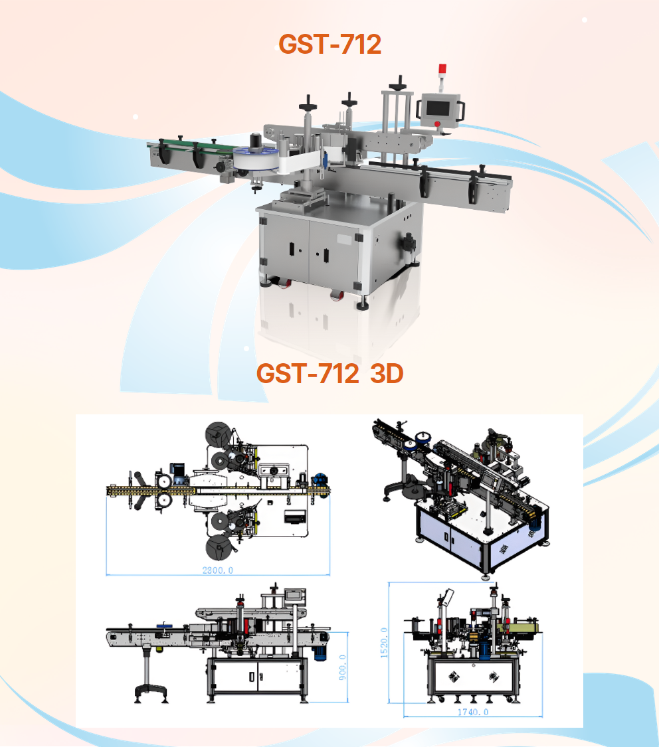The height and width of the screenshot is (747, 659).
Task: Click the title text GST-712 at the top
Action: point(329,44)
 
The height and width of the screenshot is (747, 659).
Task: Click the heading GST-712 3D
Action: point(329,373)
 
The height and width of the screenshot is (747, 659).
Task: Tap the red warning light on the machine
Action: point(442,69)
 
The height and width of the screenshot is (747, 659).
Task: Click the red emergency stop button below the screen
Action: point(437,124)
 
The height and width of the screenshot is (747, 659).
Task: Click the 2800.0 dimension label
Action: point(218,570)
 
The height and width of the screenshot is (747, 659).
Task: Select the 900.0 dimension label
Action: point(341,667)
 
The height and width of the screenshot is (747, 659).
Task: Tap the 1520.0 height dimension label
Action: point(384,643)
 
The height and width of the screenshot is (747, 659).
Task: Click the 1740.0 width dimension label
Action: point(473,712)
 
